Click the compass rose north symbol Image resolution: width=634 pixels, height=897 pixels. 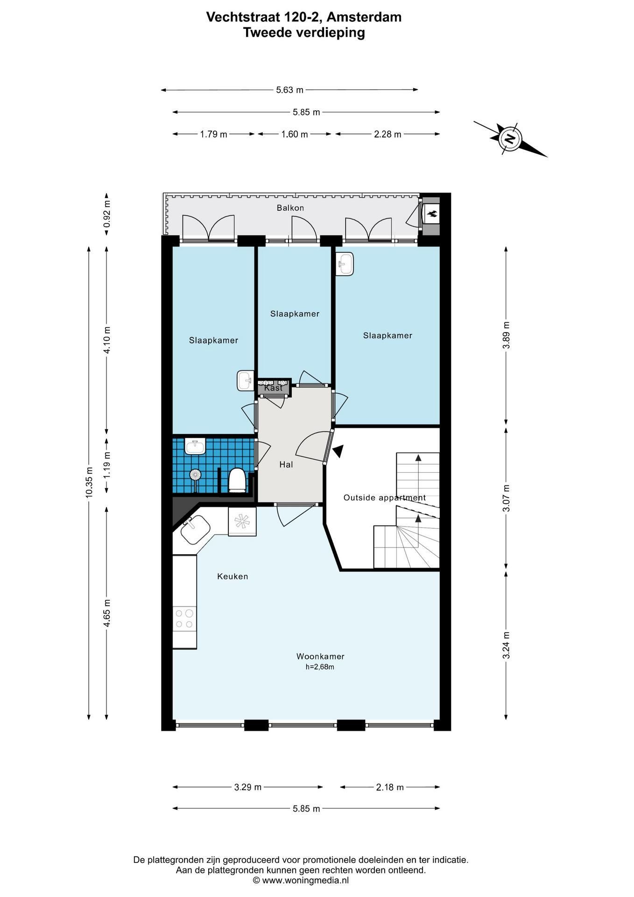click(510, 139)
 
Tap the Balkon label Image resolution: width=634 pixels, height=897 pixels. click(290, 208)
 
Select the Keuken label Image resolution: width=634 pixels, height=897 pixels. click(232, 577)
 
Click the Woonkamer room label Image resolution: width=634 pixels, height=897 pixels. click(320, 656)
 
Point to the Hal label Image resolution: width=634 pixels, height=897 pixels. click(286, 464)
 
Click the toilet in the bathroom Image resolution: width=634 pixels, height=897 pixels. click(237, 480)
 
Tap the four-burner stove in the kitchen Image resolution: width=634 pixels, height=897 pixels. click(184, 618)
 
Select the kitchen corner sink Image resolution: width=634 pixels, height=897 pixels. click(195, 530)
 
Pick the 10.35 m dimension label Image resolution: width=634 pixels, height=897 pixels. click(89, 482)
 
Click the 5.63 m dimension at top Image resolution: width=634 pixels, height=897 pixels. click(289, 90)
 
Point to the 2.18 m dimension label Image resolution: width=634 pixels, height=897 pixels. click(390, 787)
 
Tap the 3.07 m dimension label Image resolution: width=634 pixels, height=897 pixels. click(506, 498)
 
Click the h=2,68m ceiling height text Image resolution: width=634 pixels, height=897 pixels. click(320, 667)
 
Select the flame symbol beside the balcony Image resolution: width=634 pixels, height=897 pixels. click(432, 214)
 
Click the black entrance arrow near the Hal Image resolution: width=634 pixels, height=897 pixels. click(338, 451)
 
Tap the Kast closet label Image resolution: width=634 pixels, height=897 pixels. click(274, 388)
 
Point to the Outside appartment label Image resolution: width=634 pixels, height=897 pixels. click(385, 498)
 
